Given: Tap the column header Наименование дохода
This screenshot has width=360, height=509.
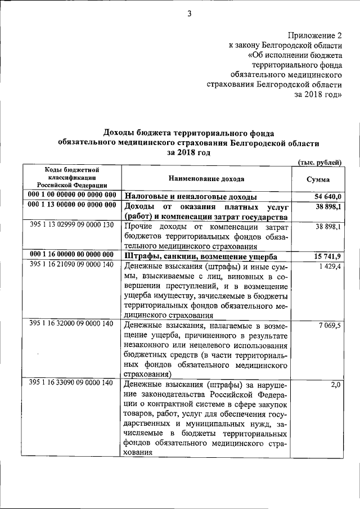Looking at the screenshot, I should (206, 178).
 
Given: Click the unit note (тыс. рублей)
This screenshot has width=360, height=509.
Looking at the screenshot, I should (319, 162).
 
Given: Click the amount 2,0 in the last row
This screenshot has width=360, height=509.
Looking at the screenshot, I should (336, 384).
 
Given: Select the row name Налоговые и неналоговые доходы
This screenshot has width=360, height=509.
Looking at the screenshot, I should (191, 197).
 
